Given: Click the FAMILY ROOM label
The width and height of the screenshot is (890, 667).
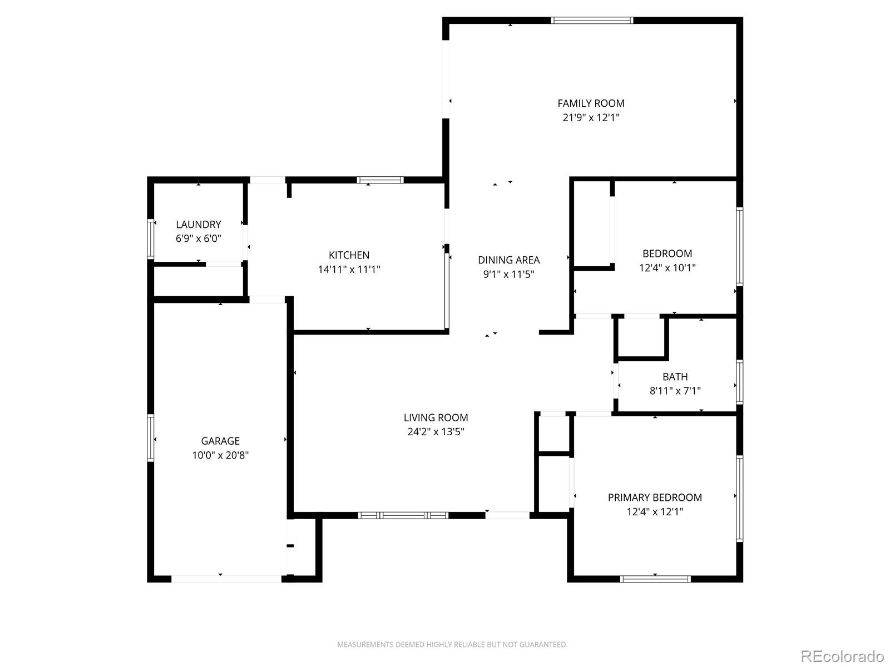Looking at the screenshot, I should [x=591, y=103].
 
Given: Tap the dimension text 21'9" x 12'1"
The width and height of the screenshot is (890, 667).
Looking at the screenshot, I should [x=591, y=117].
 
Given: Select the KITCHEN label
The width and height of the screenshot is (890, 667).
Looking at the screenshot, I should [x=349, y=255].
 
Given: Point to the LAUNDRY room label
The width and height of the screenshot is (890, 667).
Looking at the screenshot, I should [x=198, y=225].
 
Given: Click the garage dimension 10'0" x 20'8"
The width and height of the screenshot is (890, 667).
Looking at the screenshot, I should [x=220, y=455].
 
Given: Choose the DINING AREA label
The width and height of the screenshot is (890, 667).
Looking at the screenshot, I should [x=508, y=260].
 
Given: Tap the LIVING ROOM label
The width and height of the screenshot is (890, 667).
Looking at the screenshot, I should [x=436, y=417].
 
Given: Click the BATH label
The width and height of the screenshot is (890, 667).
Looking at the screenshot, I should [x=675, y=377].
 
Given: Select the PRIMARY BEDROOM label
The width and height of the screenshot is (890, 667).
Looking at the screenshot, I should [x=655, y=497].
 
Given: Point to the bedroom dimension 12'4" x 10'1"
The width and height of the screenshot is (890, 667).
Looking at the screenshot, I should [x=667, y=267].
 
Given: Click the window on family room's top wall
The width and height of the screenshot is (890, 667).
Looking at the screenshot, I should [x=592, y=21].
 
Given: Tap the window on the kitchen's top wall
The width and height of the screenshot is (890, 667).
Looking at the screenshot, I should [x=380, y=180].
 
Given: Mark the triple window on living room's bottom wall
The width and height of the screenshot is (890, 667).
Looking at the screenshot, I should [x=403, y=515].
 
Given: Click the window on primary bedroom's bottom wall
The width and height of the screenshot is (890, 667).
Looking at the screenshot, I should [x=655, y=579].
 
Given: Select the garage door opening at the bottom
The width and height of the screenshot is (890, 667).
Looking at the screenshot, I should [x=226, y=579].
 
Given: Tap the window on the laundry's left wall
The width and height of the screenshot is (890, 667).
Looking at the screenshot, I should [x=150, y=239].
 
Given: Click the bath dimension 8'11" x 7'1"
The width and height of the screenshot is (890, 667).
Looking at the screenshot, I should [x=675, y=391].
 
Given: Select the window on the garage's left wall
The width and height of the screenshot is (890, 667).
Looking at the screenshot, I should [x=150, y=437].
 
